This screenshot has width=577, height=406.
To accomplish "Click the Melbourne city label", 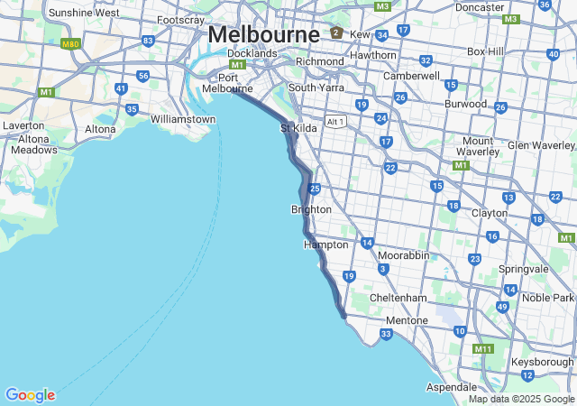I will click(263, 35).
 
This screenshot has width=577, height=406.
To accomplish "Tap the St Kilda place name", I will click(298, 129).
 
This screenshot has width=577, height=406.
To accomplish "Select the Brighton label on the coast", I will click(311, 209).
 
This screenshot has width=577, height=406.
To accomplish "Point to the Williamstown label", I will click(183, 119).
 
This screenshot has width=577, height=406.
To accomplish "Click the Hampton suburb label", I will click(325, 245).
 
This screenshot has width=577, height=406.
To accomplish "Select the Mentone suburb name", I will click(407, 320).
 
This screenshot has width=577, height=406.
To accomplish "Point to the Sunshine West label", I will click(83, 13).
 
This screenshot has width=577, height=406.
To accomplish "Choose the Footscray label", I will click(180, 20).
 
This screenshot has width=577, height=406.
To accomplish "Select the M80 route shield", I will click(69, 43).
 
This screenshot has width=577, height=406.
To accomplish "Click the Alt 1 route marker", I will click(336, 121).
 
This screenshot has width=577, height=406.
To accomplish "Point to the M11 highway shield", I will click(484, 349).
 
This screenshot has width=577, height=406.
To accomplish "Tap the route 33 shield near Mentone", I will click(386, 335).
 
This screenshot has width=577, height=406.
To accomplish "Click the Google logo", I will click(30, 395).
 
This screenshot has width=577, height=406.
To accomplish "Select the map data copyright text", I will click(521, 399).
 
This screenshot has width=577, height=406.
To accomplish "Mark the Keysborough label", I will click(541, 361).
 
